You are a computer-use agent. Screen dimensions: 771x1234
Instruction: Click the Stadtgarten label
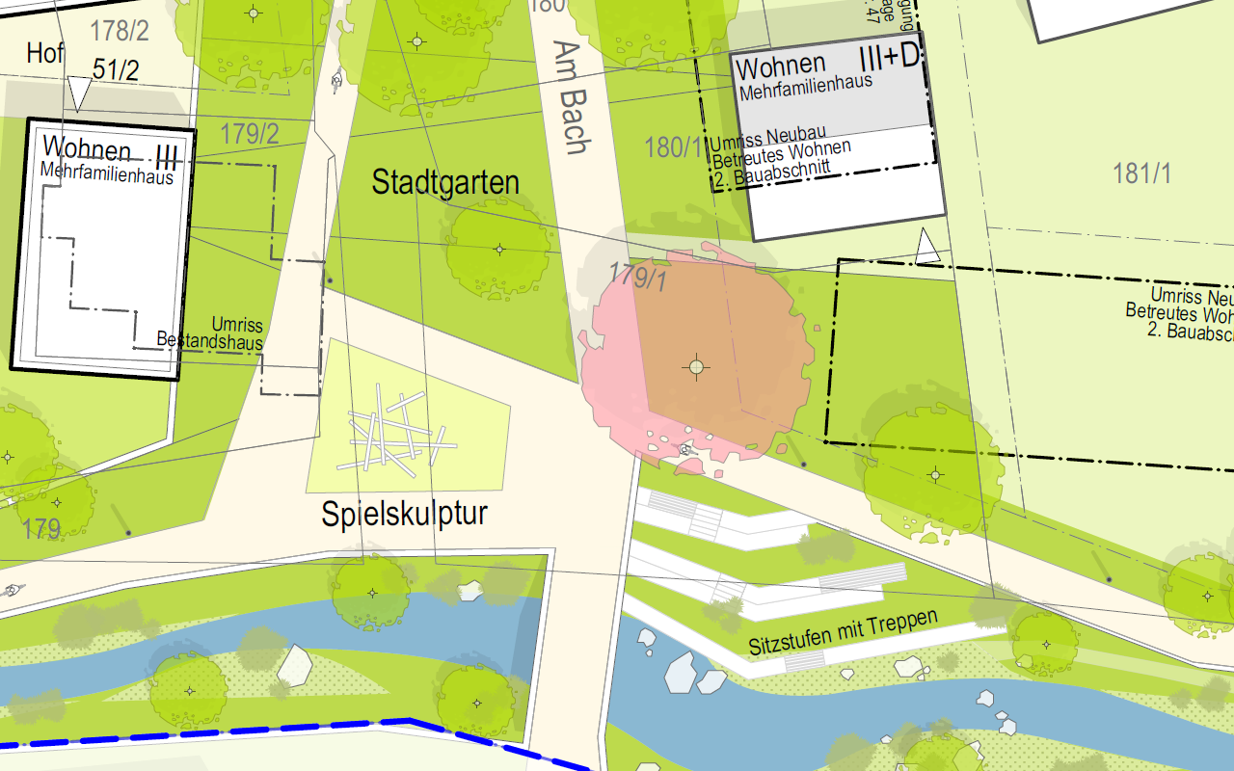point(445,183)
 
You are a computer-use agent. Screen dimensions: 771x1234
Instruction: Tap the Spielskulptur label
point(404,514)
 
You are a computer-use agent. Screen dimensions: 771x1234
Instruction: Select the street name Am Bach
point(575,97)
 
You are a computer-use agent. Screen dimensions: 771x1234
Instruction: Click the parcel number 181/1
point(1142,173)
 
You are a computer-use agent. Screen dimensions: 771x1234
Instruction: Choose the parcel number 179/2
point(250,134)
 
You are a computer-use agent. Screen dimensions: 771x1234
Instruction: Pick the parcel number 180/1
point(674,147)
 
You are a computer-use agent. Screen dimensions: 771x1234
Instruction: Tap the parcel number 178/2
point(120,31)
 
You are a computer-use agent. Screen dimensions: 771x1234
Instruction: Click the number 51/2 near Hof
point(116,69)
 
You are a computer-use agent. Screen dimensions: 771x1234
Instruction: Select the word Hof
point(45,53)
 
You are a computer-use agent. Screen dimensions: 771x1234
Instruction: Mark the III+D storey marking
point(890,58)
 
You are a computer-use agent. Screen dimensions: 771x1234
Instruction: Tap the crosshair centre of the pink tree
point(696,366)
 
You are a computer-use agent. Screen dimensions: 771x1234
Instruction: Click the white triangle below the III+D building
point(927,247)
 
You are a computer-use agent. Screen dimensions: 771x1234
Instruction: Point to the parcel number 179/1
point(638,278)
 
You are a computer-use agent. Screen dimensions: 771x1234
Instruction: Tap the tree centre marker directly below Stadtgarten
point(499,250)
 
